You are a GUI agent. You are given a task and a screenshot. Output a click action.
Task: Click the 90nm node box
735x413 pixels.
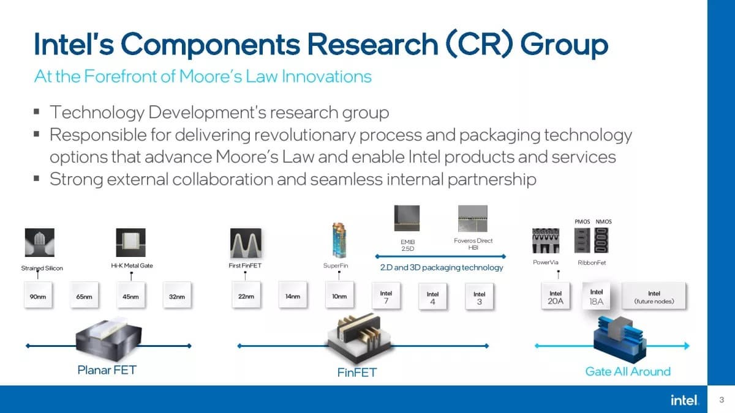[38, 295]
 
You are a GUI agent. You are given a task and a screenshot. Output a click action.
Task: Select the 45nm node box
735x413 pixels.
[130, 295]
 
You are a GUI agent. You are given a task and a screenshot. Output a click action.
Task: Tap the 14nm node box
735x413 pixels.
[293, 295]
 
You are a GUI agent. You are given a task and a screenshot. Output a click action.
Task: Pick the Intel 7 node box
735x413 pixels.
[386, 296]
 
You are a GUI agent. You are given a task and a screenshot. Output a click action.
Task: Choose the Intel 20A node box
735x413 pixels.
[555, 296]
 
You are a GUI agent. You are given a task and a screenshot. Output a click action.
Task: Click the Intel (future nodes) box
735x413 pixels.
[654, 296]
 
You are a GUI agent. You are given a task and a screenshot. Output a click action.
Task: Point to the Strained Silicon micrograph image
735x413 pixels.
[40, 242]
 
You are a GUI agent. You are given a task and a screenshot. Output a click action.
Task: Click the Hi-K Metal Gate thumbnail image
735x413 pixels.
[130, 242]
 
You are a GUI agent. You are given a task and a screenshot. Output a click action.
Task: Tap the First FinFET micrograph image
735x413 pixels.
[246, 243]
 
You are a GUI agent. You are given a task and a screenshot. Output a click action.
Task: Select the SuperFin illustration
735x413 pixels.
[339, 240]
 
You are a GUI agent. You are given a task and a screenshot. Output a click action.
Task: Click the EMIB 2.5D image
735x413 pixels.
[407, 218]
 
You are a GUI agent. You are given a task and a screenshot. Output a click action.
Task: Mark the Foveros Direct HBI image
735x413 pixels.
[473, 218]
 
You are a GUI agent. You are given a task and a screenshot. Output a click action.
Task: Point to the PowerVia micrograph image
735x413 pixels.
[546, 240]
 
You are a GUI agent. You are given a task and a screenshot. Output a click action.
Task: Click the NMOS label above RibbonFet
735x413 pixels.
[603, 221]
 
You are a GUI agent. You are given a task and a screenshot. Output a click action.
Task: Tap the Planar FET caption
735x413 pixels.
[107, 370]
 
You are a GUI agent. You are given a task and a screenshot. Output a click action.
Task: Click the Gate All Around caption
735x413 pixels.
[628, 371]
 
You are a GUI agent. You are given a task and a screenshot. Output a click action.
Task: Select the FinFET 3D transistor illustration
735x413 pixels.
[359, 338]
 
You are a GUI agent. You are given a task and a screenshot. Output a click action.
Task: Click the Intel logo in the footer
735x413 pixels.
[684, 400]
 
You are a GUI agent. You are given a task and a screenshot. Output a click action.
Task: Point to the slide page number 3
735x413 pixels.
[722, 400]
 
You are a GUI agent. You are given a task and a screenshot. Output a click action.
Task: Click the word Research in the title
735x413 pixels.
[373, 44]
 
